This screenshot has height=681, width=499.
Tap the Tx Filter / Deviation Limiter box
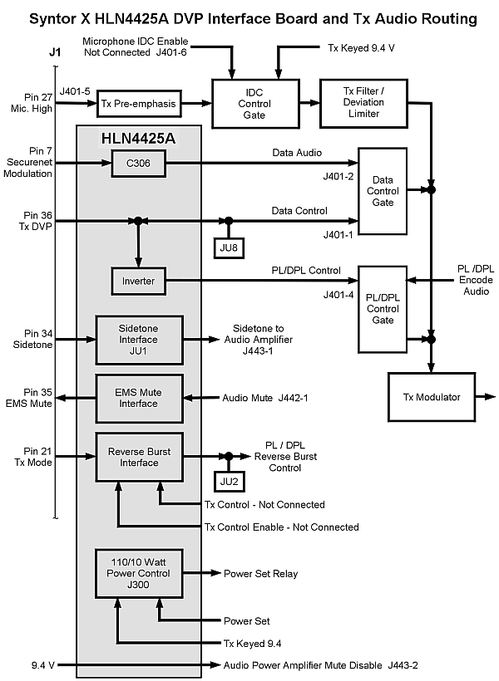[363, 103]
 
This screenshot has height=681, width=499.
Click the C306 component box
[140, 166]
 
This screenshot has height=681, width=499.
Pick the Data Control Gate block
[383, 191]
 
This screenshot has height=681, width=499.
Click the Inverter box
[138, 281]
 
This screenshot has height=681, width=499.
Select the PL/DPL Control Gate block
[383, 308]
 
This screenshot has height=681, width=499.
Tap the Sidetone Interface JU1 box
[138, 339]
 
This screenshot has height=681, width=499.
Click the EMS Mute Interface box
[138, 398]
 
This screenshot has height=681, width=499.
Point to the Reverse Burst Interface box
[139, 457]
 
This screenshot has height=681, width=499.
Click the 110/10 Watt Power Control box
[138, 572]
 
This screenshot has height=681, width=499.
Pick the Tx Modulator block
[431, 397]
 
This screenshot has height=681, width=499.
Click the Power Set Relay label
[260, 573]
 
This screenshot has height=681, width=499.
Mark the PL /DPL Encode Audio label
[476, 281]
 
